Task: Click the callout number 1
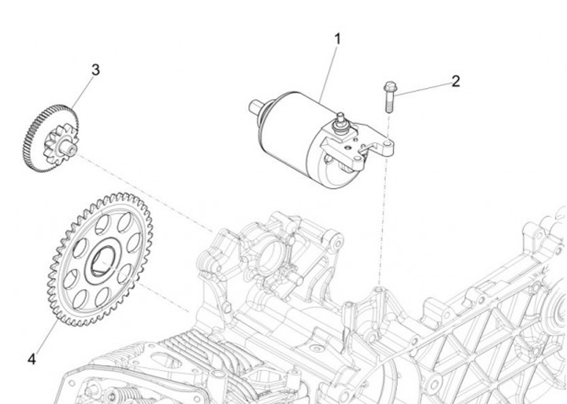[338, 38]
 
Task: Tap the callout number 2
[455, 81]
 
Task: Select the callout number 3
[95, 70]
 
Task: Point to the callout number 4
[31, 359]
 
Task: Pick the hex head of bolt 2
[388, 87]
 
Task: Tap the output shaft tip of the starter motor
[254, 106]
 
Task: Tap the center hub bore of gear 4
[102, 259]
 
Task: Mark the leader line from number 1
[330, 71]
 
